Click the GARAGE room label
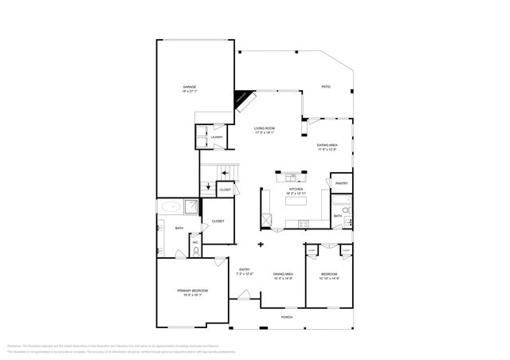click(x=189, y=87)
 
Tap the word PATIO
click(x=325, y=86)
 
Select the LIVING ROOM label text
click(x=265, y=128)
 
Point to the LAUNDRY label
click(x=217, y=138)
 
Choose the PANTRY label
click(x=340, y=183)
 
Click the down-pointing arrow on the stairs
click(x=208, y=188)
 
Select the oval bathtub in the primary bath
click(x=170, y=207)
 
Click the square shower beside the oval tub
click(x=192, y=207)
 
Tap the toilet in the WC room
click(x=196, y=252)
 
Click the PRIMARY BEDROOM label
click(x=192, y=291)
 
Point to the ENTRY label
click(x=245, y=269)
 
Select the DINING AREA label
click(x=284, y=273)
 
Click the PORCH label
click(x=286, y=317)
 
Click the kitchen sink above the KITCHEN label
click(x=292, y=177)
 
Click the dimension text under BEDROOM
click(x=329, y=278)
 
